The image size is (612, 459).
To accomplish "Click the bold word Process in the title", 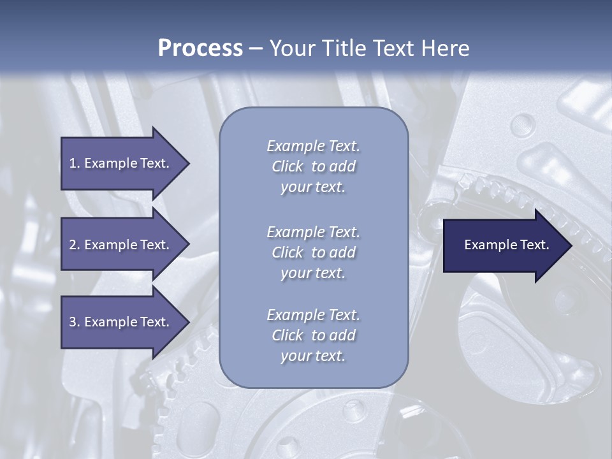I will click(x=200, y=48).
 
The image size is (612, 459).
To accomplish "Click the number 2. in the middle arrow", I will click(x=74, y=245).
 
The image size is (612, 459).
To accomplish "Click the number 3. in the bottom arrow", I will click(x=74, y=322).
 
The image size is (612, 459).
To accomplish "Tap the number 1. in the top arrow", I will click(x=74, y=163).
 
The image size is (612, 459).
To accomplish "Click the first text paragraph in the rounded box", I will click(x=313, y=166).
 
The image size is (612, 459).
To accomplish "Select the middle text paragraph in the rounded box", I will click(x=313, y=252).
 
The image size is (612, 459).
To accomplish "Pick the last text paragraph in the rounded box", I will click(x=313, y=335).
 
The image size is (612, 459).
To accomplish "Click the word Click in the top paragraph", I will click(x=288, y=167).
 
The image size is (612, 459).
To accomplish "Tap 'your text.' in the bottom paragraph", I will click(x=313, y=356).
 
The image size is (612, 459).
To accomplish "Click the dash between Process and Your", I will click(x=256, y=48).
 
